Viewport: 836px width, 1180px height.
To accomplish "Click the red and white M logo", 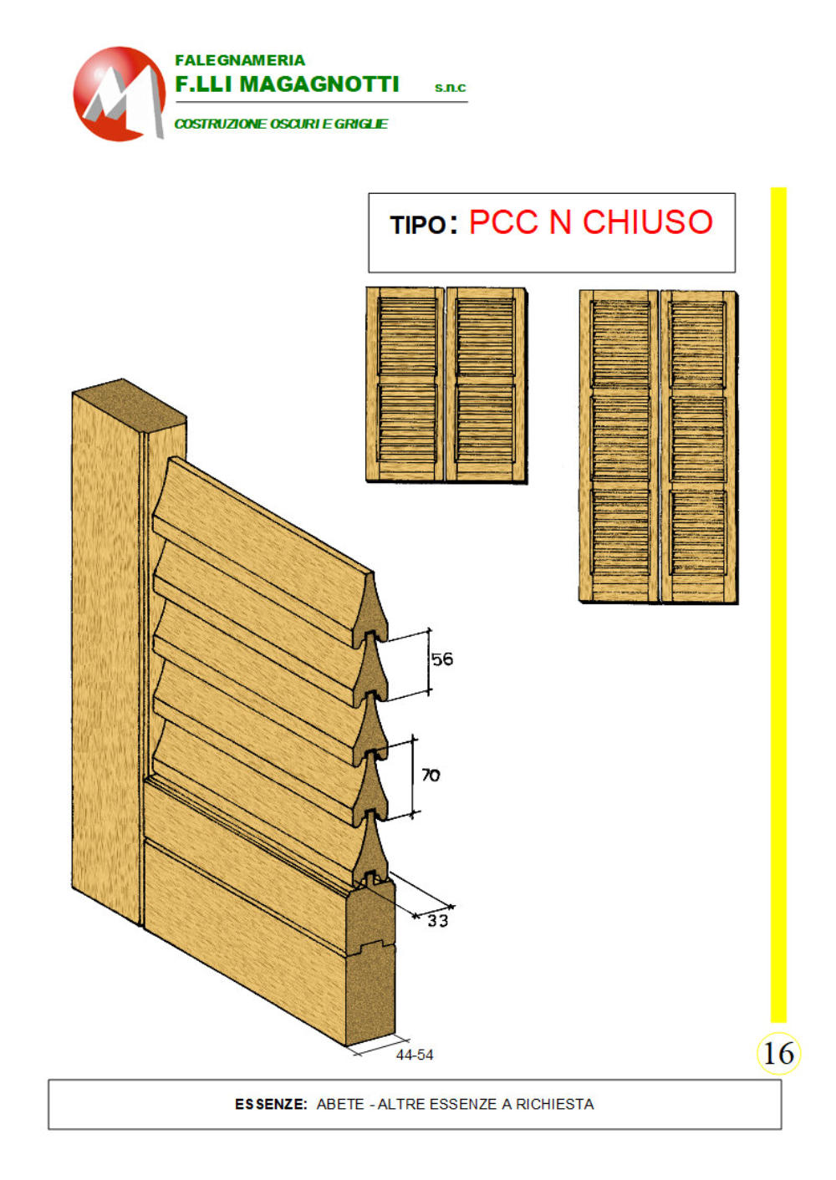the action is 119,94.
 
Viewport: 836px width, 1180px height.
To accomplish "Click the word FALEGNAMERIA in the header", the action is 240,60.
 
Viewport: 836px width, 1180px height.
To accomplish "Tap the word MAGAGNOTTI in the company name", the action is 319,84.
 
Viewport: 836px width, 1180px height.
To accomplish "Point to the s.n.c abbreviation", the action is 450,88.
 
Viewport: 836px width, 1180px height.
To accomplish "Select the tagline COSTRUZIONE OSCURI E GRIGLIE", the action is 281,124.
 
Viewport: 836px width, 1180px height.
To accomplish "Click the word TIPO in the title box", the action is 418,225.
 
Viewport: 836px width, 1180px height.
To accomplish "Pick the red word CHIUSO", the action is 647,221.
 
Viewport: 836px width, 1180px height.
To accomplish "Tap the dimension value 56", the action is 441,659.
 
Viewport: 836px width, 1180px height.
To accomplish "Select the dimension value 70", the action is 431,775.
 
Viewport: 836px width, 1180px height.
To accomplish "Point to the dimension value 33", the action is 437,920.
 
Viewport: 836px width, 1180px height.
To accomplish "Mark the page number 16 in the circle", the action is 778,1054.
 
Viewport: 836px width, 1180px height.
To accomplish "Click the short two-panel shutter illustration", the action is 446,384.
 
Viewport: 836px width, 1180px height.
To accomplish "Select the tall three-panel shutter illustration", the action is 658,446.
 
